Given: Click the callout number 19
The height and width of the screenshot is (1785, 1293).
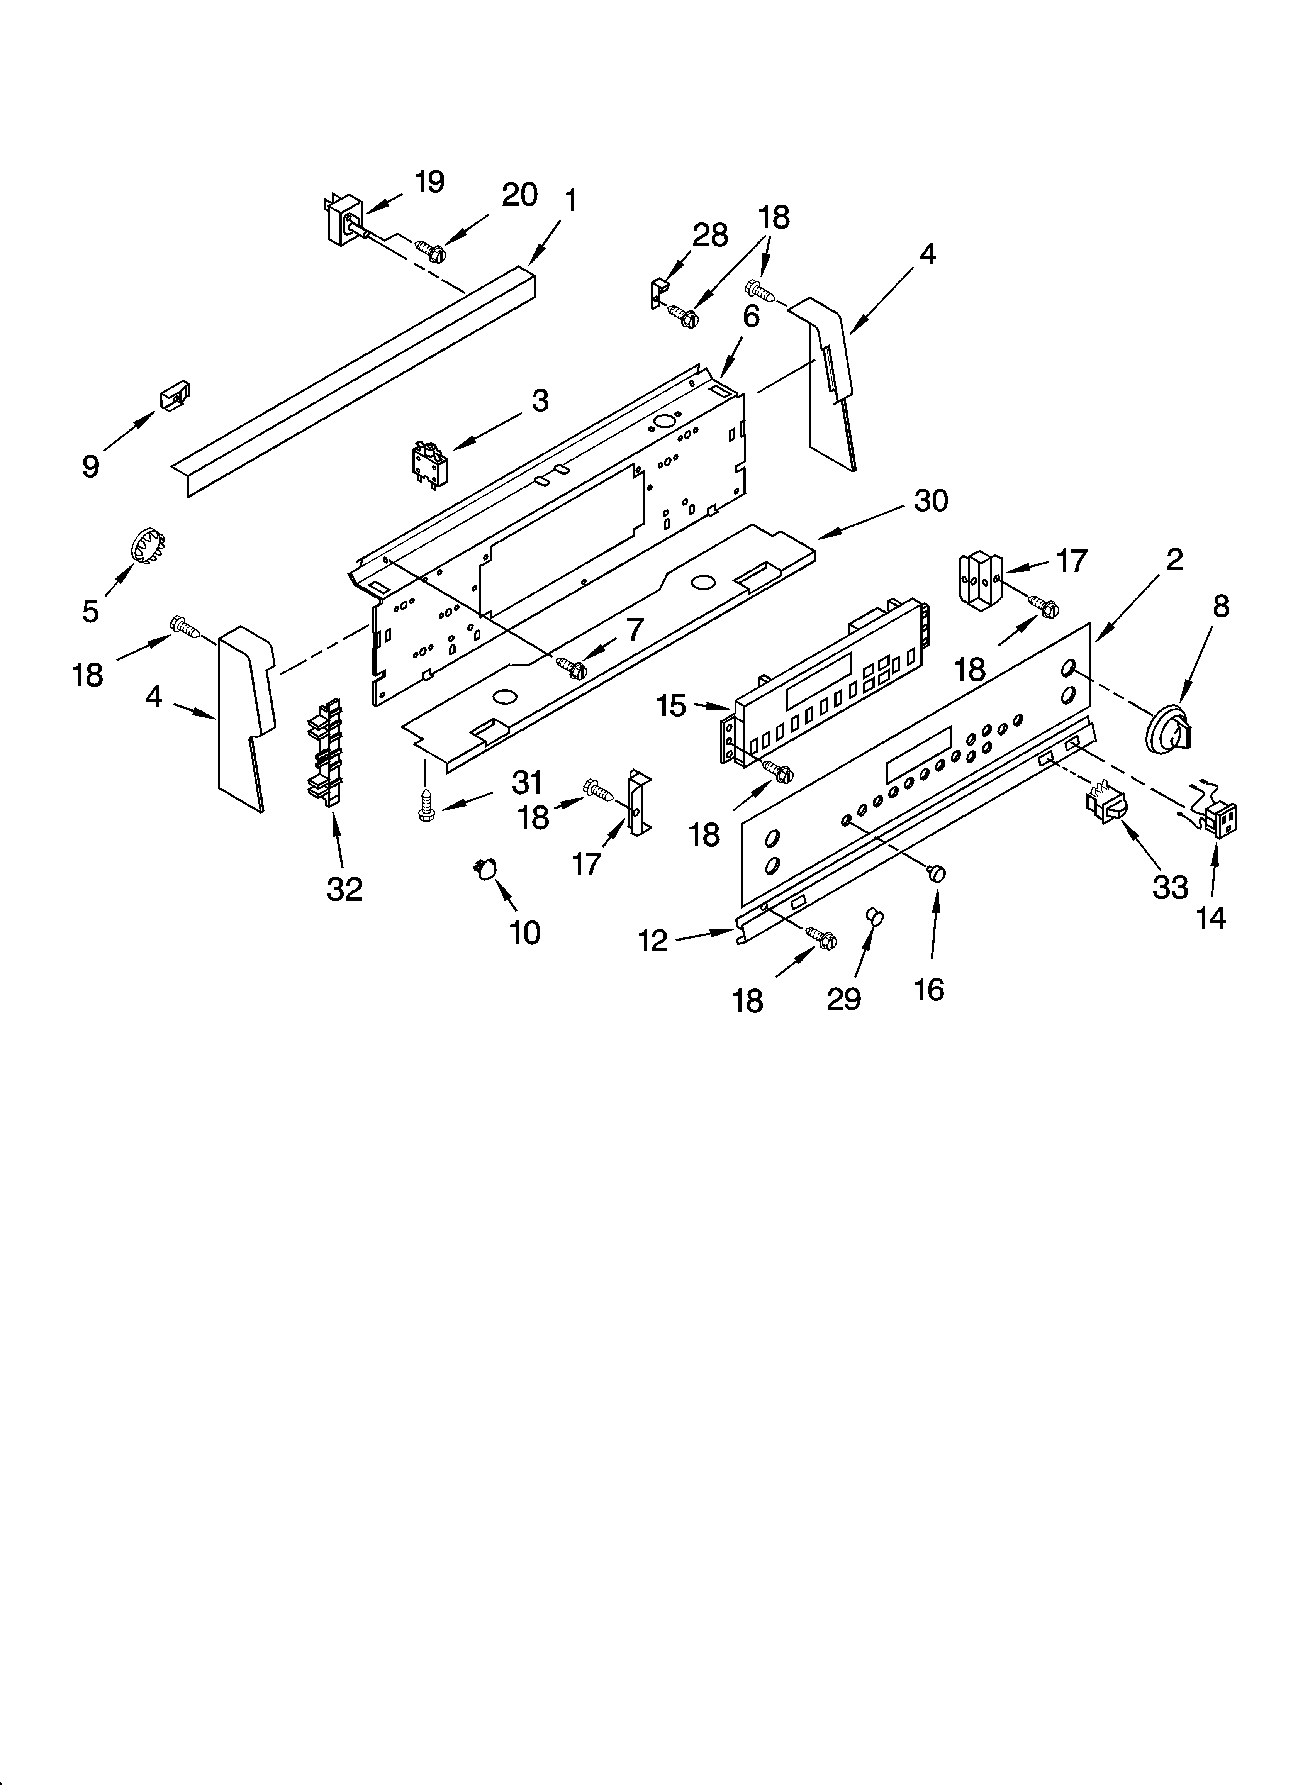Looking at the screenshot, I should coord(429,182).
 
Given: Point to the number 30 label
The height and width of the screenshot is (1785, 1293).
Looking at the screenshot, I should coord(931,500).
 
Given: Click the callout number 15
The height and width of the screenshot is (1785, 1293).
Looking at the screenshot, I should coord(671,706).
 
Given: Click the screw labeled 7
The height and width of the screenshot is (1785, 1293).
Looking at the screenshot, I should coord(573,668).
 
